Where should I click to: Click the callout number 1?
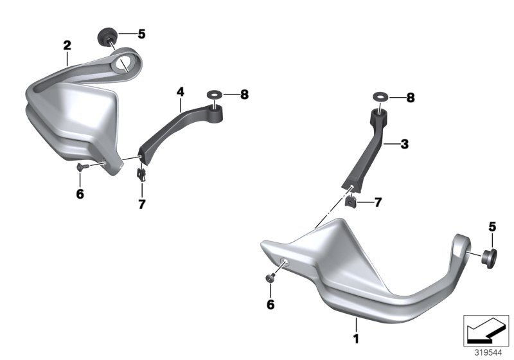click(356, 339)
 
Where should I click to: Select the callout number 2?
click(67, 45)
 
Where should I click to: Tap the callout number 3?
click(405, 144)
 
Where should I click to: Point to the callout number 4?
click(181, 92)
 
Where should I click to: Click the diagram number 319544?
click(488, 353)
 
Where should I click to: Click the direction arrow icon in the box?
click(486, 330)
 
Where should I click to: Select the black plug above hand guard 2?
click(107, 37)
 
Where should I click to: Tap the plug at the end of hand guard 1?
click(489, 258)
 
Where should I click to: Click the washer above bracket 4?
click(215, 95)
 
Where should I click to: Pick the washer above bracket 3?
click(380, 96)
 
